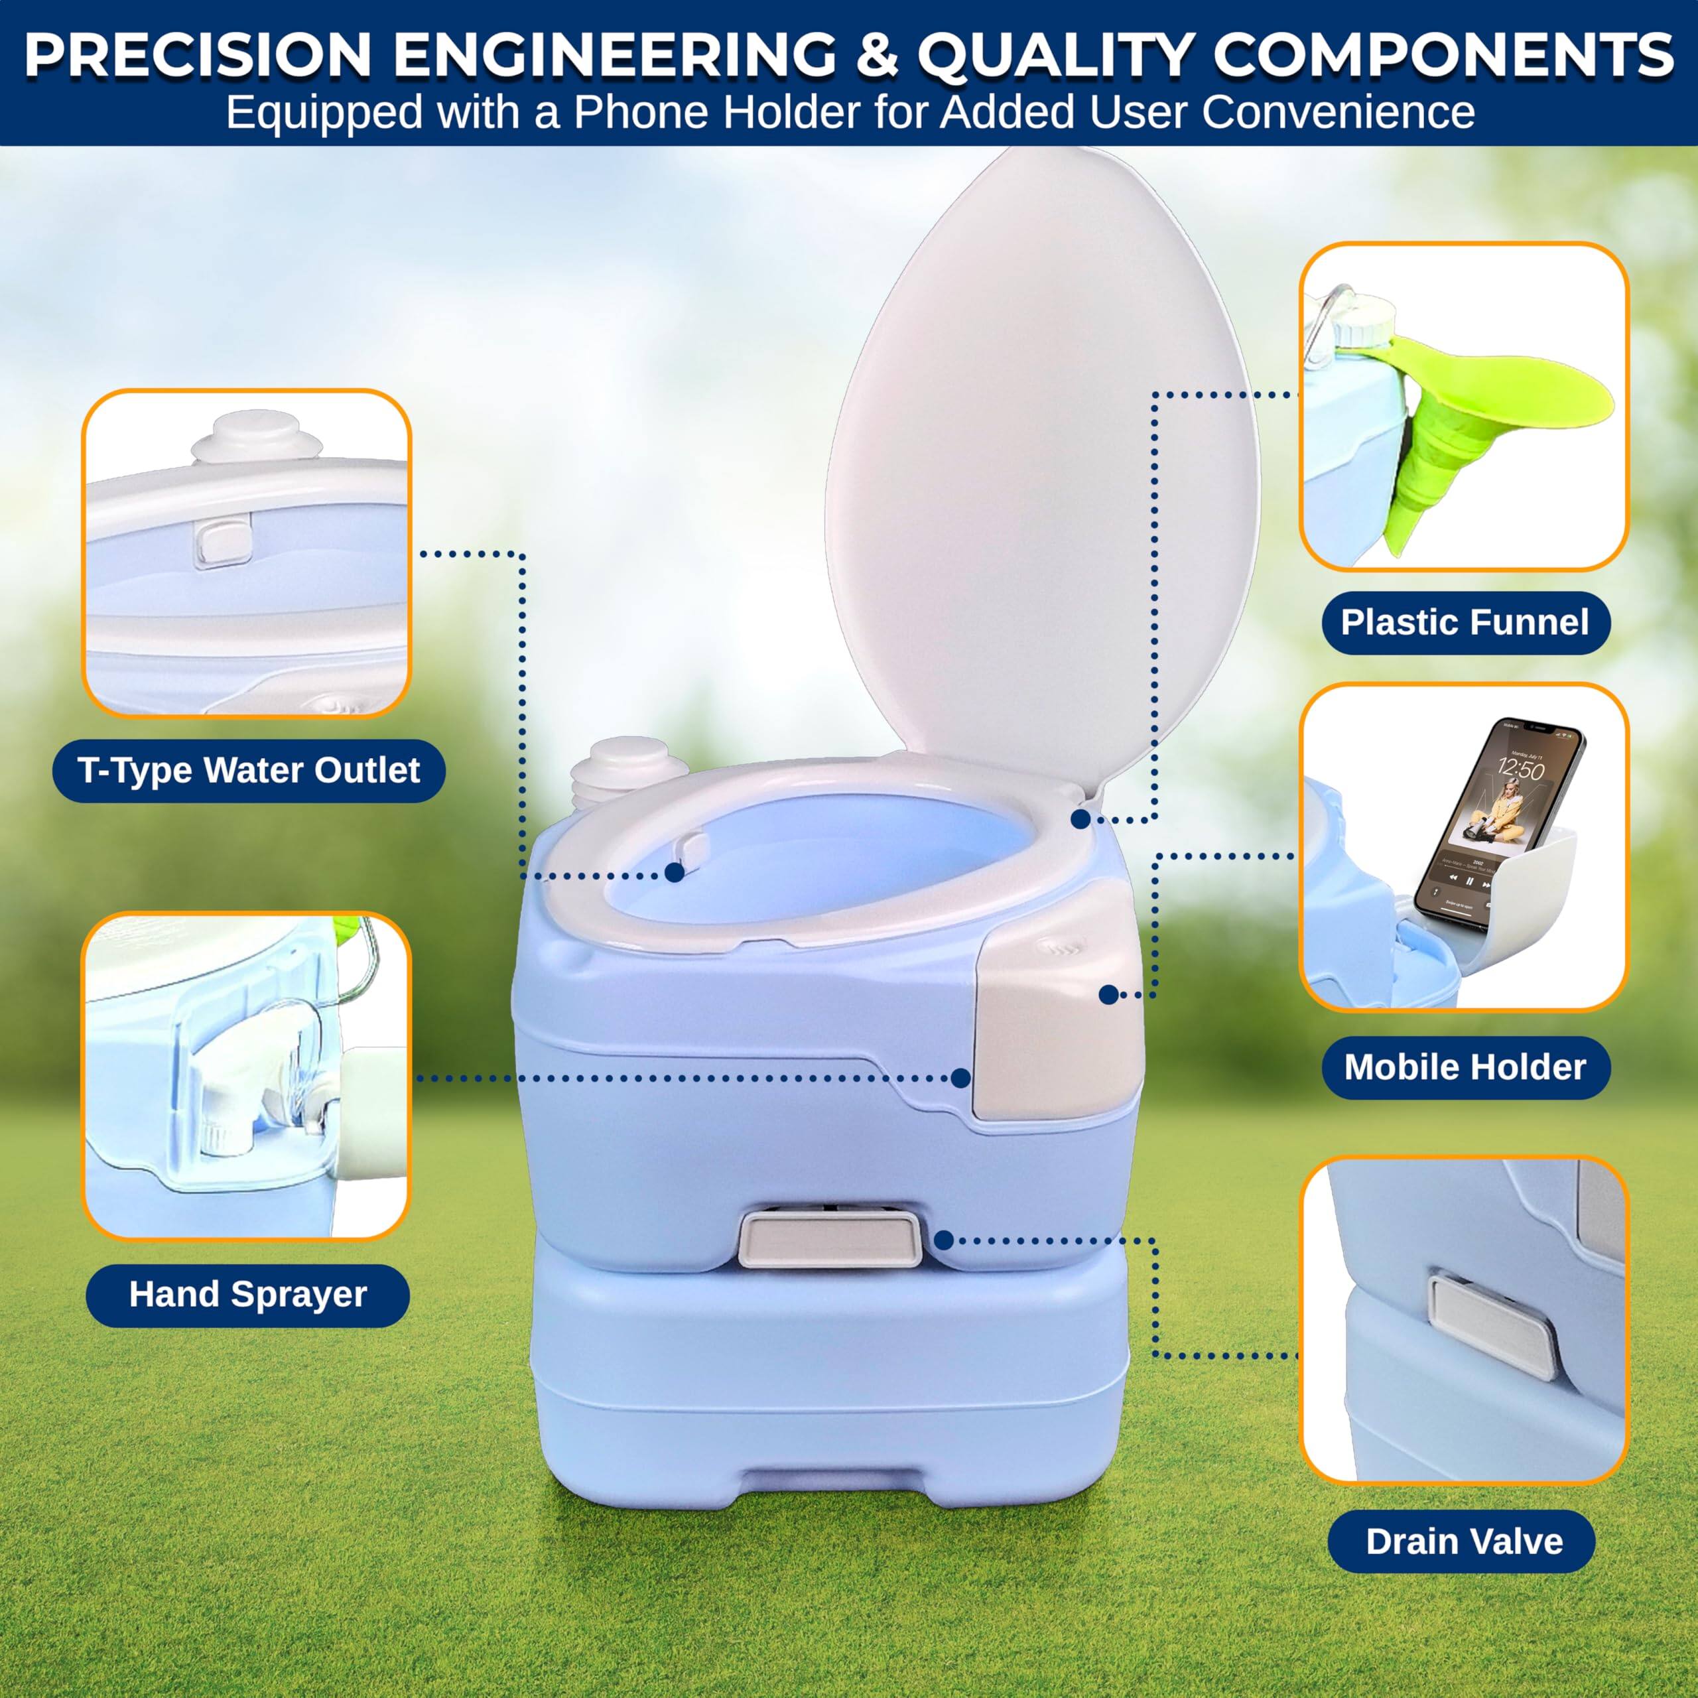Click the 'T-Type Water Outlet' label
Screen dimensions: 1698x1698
pos(249,771)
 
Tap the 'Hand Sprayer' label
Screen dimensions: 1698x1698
pos(248,1295)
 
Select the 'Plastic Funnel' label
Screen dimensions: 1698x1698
pos(1465,622)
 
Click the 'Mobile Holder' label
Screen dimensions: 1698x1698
pos(1465,1067)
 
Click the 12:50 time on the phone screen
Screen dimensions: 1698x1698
pos(1520,771)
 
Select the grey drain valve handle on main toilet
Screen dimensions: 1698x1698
pos(830,1239)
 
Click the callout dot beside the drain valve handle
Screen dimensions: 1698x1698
pos(943,1240)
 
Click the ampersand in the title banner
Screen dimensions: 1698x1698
pos(876,54)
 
